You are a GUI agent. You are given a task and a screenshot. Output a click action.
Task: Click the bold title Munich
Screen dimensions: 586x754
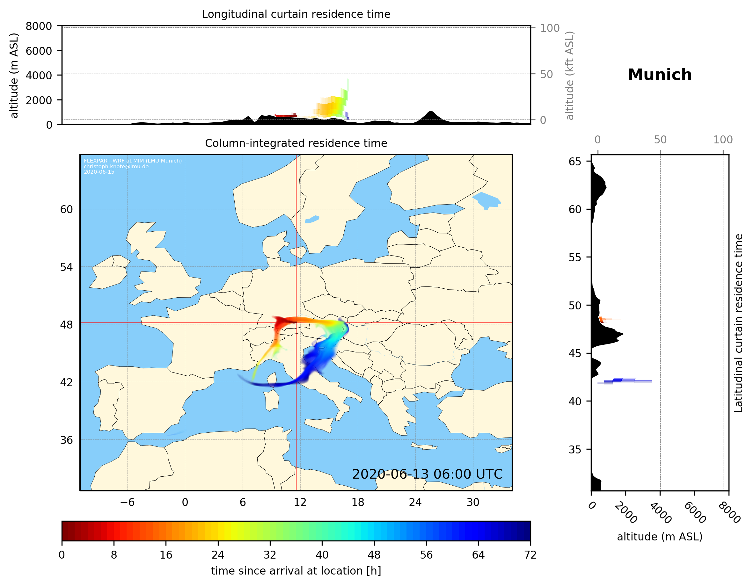coord(660,75)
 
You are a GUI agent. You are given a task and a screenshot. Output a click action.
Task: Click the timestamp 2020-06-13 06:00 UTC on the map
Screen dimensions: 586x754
coord(427,474)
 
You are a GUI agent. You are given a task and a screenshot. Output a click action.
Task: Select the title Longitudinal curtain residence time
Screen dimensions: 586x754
coord(296,14)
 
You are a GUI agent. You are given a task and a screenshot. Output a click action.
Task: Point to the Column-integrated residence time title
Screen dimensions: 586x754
coord(296,143)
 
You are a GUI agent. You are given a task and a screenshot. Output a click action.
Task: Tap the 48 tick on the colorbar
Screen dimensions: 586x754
coord(374,555)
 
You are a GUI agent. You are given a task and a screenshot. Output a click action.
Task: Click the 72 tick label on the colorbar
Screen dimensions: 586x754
coord(530,555)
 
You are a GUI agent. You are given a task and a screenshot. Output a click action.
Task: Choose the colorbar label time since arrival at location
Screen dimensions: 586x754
coord(296,571)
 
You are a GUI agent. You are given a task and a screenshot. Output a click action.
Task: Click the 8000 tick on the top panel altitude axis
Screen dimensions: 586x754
coord(39,26)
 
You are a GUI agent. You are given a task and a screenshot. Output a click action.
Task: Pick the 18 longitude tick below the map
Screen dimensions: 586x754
coord(358,502)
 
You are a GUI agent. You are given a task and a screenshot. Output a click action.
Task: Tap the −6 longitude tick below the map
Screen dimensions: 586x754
coord(127,502)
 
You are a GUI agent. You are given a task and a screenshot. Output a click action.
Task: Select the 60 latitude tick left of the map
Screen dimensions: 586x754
coord(67,209)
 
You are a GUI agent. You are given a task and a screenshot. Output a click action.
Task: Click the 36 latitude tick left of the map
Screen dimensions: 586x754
coord(67,440)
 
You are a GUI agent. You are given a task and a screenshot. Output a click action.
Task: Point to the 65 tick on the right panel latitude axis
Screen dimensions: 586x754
coord(575,162)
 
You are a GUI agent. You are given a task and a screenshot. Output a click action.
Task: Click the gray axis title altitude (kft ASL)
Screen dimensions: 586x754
coord(570,76)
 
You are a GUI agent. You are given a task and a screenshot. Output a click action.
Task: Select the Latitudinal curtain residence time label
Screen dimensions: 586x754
coord(738,323)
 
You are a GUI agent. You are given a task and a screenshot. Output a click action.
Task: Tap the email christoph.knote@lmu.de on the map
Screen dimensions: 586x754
coord(116,166)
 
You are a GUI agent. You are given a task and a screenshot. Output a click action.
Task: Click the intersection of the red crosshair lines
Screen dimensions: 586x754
coord(296,323)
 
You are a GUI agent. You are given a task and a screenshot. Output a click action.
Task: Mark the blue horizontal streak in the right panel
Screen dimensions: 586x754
coord(625,381)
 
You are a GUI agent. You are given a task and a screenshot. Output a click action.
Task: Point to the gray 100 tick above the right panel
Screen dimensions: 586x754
coord(723,140)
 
